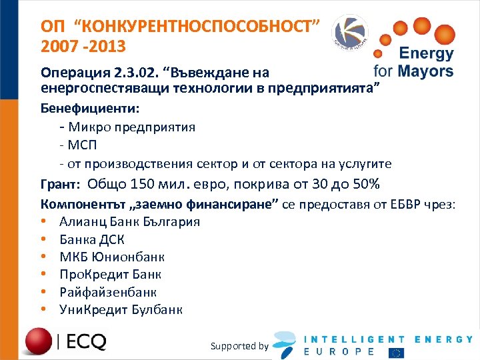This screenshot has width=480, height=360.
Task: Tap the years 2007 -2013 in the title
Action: [82, 48]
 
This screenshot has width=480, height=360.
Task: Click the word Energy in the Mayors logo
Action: [425, 54]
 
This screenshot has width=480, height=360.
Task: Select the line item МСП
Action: [81, 145]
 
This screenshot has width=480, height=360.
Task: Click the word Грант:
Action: [61, 185]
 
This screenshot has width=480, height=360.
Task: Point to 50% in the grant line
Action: [365, 185]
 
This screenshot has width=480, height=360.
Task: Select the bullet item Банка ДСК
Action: [91, 239]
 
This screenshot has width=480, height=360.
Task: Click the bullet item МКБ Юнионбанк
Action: [112, 257]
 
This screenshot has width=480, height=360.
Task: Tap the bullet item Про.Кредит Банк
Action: [110, 274]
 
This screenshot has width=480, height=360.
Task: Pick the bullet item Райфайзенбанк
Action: [108, 291]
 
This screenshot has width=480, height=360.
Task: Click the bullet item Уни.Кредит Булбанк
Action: [121, 309]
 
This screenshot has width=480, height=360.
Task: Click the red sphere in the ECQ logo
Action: [38, 341]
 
